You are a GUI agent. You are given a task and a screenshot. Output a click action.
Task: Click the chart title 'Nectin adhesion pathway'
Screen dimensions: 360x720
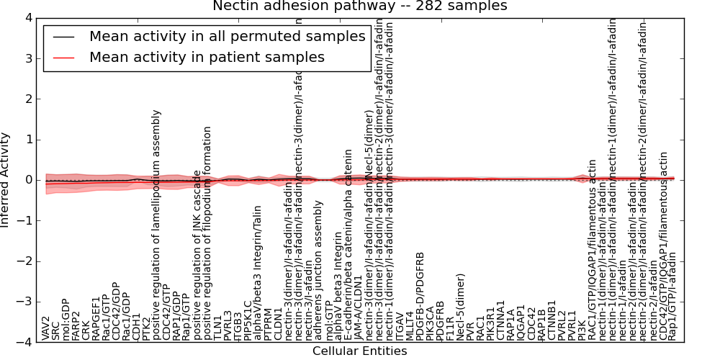(359, 6)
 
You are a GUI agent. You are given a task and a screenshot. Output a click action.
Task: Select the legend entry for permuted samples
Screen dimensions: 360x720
(227, 36)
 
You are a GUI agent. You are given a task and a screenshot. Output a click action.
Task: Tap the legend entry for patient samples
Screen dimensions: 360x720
(207, 58)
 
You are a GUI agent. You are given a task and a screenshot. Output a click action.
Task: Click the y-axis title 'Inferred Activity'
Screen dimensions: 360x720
(6, 180)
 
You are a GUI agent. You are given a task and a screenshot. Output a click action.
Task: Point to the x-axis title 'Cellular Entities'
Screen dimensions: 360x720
(359, 351)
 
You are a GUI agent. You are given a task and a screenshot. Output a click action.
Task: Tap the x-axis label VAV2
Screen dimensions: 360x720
(46, 328)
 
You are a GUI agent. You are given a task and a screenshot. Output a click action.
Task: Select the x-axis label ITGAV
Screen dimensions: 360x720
(400, 325)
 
